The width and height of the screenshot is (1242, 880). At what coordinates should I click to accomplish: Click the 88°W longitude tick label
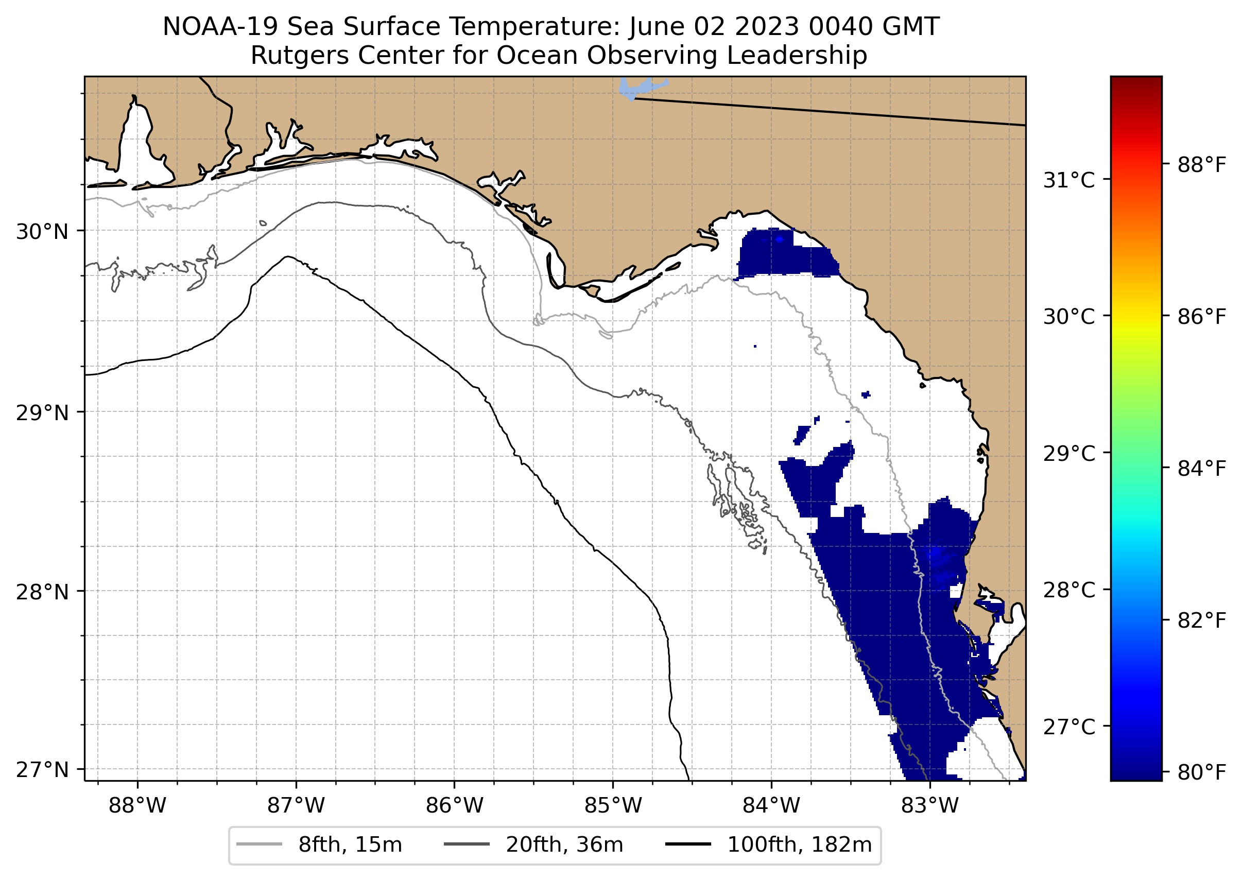click(x=137, y=806)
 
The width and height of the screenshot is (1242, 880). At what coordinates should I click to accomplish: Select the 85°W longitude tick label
click(x=613, y=806)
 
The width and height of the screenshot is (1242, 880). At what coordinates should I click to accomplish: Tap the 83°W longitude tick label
click(x=930, y=806)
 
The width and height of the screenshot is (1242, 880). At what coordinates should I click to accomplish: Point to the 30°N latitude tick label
click(x=42, y=232)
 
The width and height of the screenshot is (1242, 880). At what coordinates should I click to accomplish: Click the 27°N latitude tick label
click(x=42, y=769)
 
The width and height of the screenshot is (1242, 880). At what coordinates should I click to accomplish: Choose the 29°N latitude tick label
click(x=42, y=413)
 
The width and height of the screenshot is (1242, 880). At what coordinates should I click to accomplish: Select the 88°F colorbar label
click(x=1201, y=165)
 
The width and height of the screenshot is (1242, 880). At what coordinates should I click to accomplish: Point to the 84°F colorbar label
click(x=1201, y=468)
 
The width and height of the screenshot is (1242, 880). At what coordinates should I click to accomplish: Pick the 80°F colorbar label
click(x=1201, y=772)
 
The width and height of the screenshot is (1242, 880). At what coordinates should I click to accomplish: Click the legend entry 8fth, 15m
click(x=350, y=845)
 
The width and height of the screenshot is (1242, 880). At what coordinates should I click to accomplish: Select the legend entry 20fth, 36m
click(x=564, y=845)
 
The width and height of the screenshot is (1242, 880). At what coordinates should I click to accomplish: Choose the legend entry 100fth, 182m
click(x=799, y=845)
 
